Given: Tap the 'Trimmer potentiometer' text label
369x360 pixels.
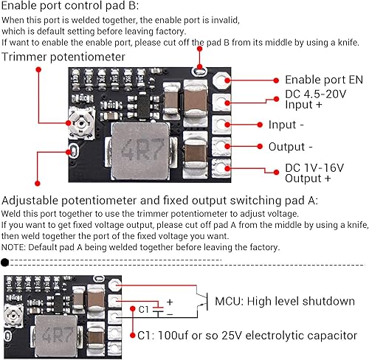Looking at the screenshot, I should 63,56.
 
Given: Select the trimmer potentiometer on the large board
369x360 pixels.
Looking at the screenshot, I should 75,117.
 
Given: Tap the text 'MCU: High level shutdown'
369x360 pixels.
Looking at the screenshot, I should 283,301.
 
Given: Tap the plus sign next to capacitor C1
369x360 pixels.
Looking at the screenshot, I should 169,302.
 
